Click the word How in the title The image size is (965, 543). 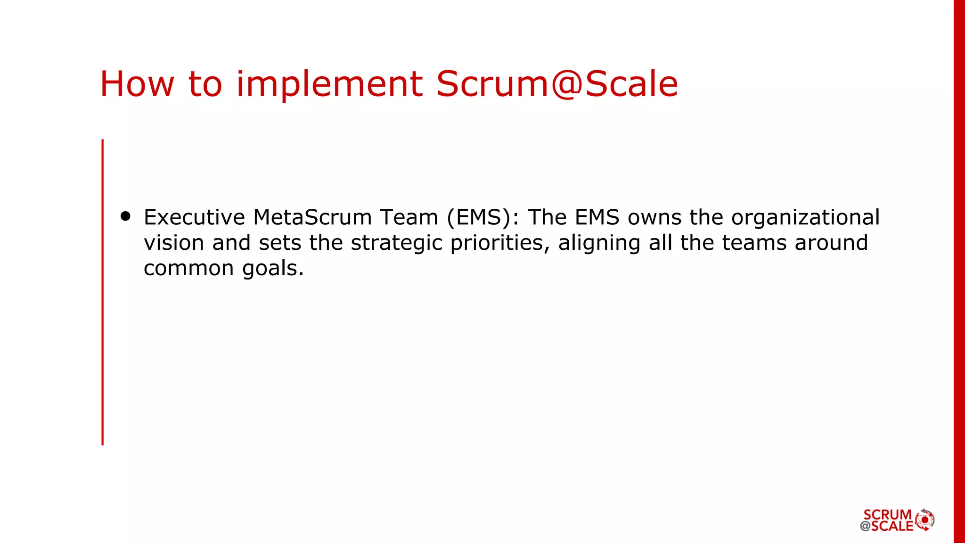137,84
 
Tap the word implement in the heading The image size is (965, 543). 329,84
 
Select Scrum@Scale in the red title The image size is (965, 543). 557,84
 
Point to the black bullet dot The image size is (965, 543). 125,216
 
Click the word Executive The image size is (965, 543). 194,217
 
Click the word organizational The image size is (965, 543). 805,217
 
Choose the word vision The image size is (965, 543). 174,243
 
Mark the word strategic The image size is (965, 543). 397,243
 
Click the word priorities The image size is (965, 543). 500,243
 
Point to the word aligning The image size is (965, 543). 599,243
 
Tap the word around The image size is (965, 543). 831,243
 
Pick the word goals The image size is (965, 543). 273,269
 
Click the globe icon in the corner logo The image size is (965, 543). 924,520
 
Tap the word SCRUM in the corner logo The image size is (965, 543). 887,514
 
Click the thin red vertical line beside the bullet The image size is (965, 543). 103,292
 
